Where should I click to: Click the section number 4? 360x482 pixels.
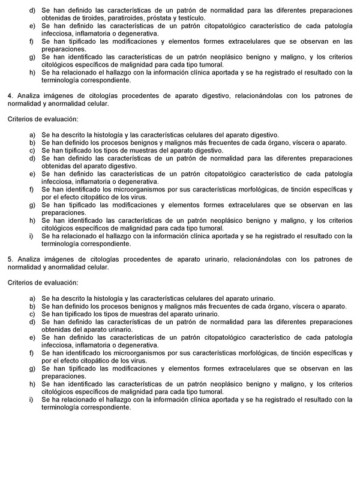coord(10,95)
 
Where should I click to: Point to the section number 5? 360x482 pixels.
coord(10,259)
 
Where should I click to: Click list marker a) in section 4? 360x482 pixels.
coord(31,135)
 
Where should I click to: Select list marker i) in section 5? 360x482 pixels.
coord(31,399)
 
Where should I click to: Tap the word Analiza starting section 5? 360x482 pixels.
coord(28,259)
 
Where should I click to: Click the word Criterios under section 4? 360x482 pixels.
coord(20,119)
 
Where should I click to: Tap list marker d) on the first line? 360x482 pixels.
coord(31,10)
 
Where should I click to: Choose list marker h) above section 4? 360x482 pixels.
coord(31,72)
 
